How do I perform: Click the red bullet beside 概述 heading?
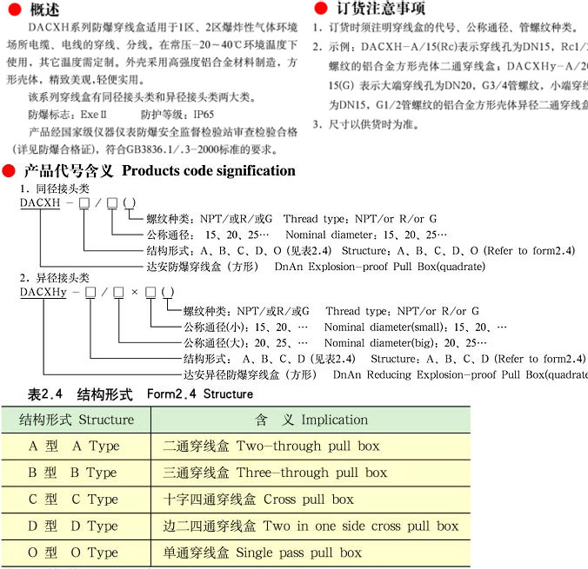pos(11,10)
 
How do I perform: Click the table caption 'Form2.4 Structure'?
pos(200,394)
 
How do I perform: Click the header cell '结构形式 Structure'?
pos(77,420)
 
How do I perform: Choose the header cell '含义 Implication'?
pos(311,420)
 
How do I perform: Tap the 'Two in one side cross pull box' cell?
pos(311,526)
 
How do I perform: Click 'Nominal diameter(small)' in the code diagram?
pos(384,327)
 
